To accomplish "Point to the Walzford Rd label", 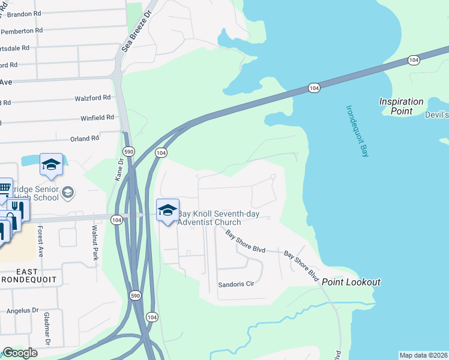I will [92, 97].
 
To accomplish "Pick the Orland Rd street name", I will [85, 139].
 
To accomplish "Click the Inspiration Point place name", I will [401, 106].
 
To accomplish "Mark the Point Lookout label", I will [351, 282].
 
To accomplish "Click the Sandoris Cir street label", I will [237, 284].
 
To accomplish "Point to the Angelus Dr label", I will [22, 311].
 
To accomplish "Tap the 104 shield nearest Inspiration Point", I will [413, 60].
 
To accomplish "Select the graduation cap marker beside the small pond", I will [51, 164].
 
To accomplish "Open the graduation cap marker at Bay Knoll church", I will [167, 210].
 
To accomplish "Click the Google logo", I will [20, 353].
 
